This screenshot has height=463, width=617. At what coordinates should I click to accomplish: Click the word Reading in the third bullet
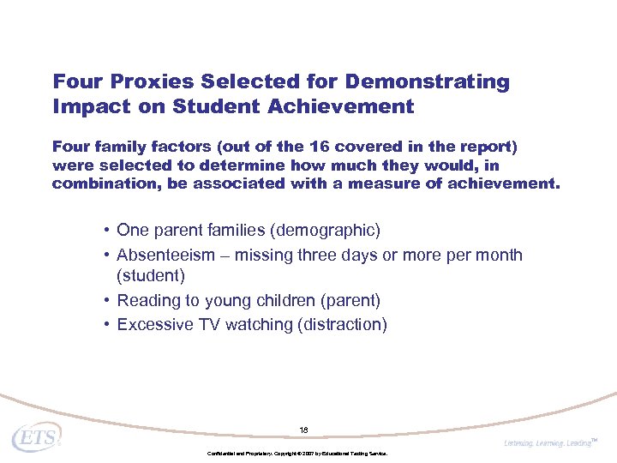(x=146, y=300)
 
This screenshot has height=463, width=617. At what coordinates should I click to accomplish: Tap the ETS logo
(x=36, y=436)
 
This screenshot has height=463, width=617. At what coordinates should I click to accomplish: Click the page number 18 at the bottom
(x=303, y=430)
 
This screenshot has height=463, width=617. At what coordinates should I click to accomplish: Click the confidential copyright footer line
(x=297, y=453)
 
